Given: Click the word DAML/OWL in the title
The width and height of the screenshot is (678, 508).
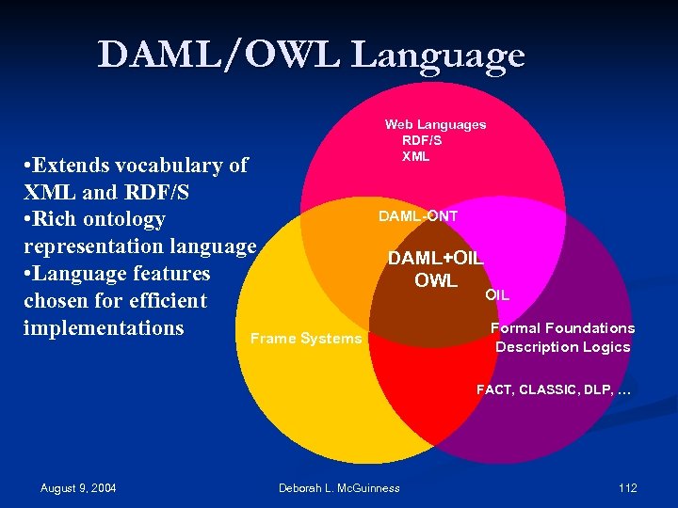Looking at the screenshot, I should tap(218, 55).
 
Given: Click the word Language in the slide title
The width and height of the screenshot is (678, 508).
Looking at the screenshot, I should tap(438, 55).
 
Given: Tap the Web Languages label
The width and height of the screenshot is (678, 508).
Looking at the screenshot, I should tap(435, 124).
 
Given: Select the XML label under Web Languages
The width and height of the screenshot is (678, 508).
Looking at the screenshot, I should tap(415, 156).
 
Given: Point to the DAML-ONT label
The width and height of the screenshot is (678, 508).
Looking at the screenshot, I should tap(418, 216).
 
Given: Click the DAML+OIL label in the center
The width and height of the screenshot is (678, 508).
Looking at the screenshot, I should tap(436, 258).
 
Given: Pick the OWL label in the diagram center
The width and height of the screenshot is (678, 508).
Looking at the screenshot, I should tap(436, 281).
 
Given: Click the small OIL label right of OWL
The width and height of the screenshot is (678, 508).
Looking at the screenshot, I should tap(497, 295).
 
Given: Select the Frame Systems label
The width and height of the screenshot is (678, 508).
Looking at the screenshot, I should tap(305, 339).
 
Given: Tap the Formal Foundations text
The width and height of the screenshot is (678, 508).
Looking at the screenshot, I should tap(563, 328).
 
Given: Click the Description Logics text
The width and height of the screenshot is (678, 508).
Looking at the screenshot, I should tap(563, 347).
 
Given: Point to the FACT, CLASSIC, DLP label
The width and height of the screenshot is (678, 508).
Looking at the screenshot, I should tap(553, 389).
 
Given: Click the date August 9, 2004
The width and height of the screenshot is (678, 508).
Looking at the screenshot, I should tap(78, 487).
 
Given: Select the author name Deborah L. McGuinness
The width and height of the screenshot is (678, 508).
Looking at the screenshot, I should tap(339, 487).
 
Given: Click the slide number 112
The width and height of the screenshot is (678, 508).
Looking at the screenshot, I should tap(627, 487).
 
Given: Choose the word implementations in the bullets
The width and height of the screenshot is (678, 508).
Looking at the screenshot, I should tap(103, 328).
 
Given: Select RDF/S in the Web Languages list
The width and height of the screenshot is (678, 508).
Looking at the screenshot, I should tap(422, 140).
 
